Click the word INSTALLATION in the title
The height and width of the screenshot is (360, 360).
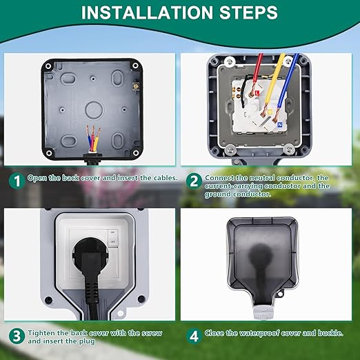147,12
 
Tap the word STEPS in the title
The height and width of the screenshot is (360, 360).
248,12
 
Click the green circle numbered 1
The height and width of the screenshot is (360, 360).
17,181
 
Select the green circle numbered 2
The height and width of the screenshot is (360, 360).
194,181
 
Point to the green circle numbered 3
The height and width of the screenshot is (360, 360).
17,337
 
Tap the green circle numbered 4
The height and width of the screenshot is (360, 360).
194,337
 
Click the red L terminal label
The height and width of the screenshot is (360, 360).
257,93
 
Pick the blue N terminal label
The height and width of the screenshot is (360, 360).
280,125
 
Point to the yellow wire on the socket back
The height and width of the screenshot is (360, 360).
274,81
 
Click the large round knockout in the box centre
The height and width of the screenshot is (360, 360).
93,110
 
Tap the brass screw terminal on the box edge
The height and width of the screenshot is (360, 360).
136,86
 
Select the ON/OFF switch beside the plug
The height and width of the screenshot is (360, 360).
113,237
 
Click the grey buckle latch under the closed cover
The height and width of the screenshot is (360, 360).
263,312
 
